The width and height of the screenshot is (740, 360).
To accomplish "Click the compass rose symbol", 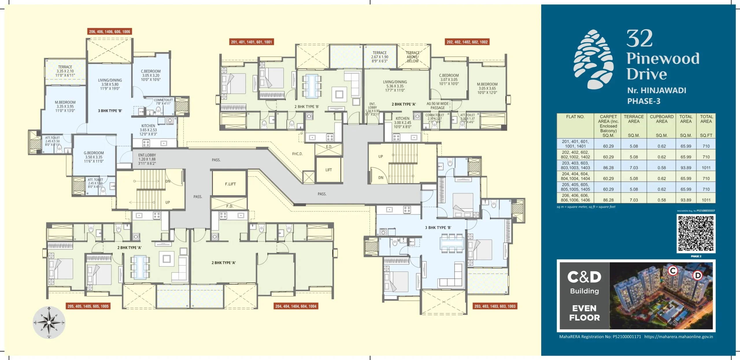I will pos(49,322).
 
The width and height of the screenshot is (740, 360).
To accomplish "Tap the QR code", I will pos(696,234).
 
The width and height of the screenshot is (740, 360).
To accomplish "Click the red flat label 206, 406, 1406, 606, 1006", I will pos(110,32).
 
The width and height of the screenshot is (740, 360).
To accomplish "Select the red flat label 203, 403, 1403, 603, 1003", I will pos(495,306).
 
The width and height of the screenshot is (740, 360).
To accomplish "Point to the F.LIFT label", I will pos(230,184).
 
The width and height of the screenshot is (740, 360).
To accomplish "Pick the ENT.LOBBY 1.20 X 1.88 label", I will pos(147,159).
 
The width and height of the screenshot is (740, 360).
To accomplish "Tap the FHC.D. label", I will pos(297,154).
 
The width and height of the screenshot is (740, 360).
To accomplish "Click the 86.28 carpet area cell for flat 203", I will pos(608,168).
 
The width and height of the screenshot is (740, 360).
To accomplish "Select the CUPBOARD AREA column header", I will pos(661,119).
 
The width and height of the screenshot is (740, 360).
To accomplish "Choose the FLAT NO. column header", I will pos(575,117).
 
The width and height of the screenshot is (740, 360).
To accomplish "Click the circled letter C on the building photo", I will pos(673,271).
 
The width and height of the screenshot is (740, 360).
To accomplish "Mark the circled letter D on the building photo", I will pos(698,275).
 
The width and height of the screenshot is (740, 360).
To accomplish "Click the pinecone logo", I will pos(594,59).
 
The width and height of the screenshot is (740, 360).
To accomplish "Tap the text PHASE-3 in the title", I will pos(643,101).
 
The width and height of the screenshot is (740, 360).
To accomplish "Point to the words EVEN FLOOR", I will pos(584,313).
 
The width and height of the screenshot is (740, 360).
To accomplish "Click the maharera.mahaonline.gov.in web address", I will pos(678,337).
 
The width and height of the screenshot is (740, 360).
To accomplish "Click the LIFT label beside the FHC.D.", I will pos(329,170).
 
